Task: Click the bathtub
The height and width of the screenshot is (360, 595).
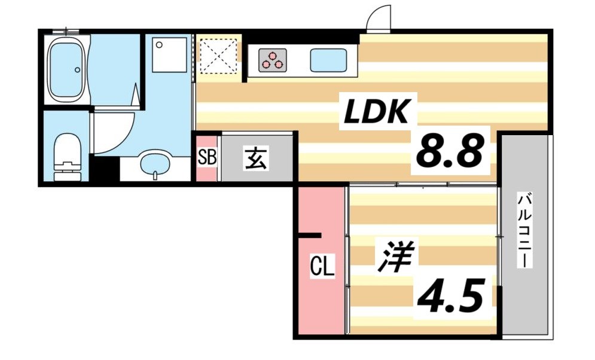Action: tap(66, 69)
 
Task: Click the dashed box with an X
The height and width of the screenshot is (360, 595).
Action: tap(217, 56)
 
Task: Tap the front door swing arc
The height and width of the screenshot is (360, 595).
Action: tap(379, 19)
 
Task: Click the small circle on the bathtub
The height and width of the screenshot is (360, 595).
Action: tap(77, 69)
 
